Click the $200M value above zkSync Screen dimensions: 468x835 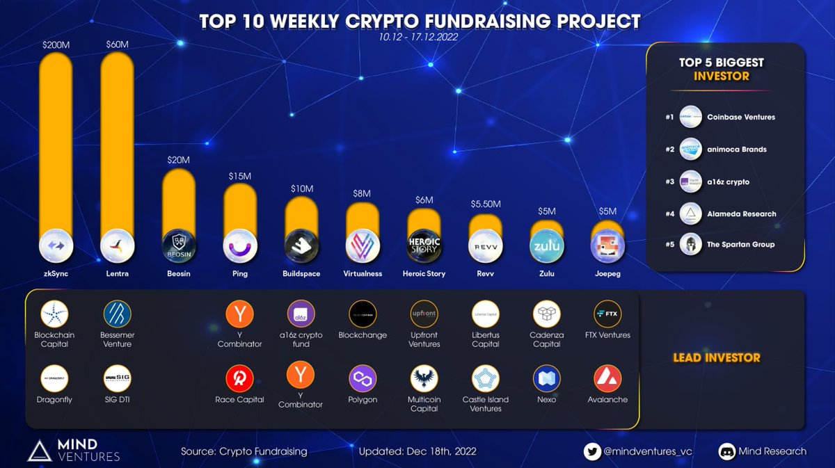(x=55, y=45)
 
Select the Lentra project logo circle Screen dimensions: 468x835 (x=117, y=245)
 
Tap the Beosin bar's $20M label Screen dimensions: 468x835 (x=178, y=160)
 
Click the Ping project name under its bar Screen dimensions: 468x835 (x=239, y=273)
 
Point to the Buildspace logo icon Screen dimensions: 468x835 (x=301, y=245)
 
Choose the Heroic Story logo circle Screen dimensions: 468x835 (x=424, y=245)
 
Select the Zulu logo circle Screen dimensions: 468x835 (x=546, y=245)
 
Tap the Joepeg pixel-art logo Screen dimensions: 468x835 (x=607, y=245)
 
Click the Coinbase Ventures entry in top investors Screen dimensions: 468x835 (x=740, y=117)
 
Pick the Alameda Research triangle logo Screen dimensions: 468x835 (x=690, y=213)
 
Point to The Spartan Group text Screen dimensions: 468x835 (x=740, y=244)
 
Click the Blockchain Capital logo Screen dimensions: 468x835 (x=55, y=313)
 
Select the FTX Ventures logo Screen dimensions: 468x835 (x=607, y=313)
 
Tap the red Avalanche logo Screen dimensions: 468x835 (x=607, y=378)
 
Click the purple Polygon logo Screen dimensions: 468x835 (x=363, y=378)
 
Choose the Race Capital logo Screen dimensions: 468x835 (x=239, y=378)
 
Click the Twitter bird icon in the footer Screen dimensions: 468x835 (x=592, y=451)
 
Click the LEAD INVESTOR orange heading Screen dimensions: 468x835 (x=716, y=358)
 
